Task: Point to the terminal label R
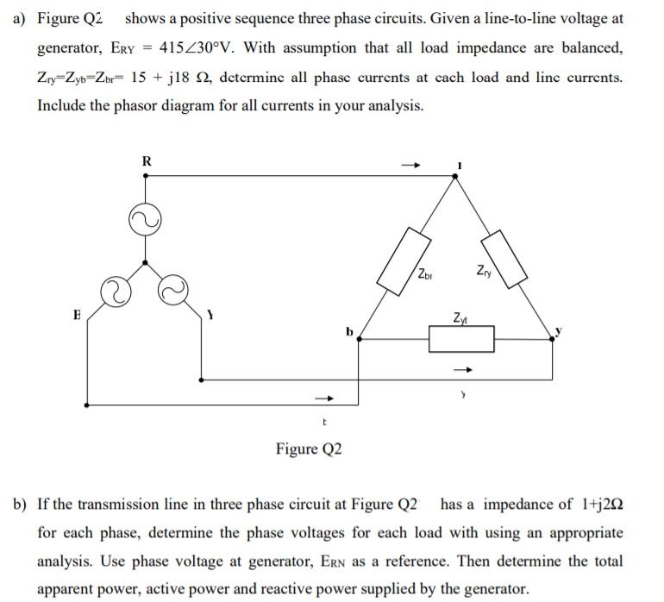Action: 147,160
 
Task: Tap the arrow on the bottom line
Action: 323,398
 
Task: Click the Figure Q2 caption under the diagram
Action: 309,448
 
